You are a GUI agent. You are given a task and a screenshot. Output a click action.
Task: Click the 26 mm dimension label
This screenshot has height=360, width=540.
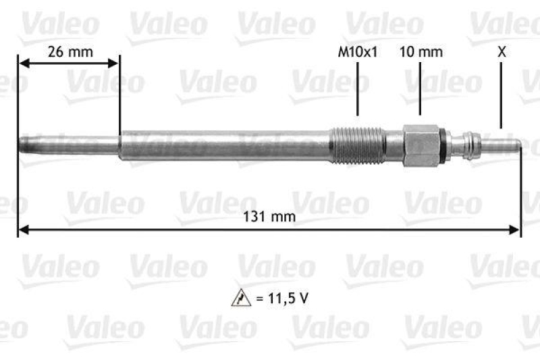pos(70,52)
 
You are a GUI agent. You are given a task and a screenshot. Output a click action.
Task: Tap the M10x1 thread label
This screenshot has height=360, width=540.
pos(357,52)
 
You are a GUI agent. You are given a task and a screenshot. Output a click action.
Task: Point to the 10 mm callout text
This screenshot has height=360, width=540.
pos(421,52)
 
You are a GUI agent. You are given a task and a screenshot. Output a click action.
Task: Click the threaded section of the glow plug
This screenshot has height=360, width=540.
pos(358,145)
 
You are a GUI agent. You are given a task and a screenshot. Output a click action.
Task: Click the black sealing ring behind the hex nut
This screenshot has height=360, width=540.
pos(442,145)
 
